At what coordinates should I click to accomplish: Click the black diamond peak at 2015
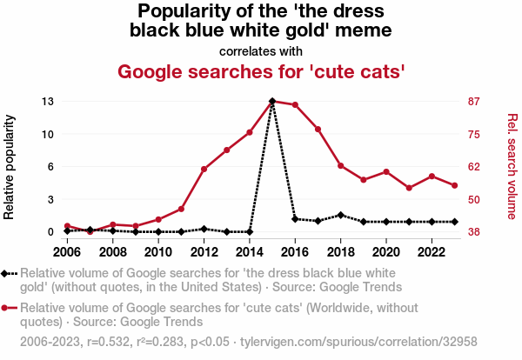(272, 101)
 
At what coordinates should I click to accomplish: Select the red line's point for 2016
(295, 105)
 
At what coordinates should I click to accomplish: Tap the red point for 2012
(204, 169)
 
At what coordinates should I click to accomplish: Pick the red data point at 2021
(409, 188)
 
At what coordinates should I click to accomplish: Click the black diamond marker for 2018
(341, 215)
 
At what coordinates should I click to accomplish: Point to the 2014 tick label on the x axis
(249, 252)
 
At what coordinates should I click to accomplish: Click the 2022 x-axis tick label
(432, 252)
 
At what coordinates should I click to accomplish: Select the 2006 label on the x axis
(67, 252)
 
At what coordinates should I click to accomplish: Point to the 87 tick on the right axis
(473, 102)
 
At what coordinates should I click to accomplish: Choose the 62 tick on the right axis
(473, 167)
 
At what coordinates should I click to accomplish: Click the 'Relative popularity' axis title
(11, 166)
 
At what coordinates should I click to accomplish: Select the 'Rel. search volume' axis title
(512, 166)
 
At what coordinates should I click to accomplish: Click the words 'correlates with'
(261, 50)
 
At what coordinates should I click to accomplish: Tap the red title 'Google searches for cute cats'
(261, 70)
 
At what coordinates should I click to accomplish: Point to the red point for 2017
(318, 130)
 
